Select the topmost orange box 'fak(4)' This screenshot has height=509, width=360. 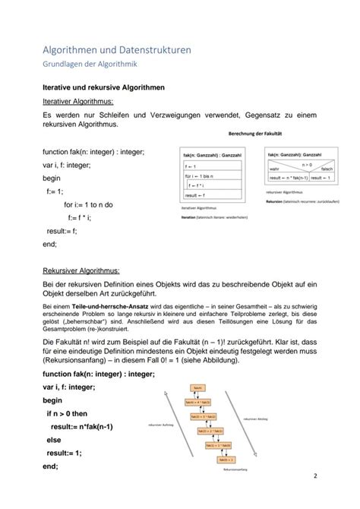(x=198, y=387)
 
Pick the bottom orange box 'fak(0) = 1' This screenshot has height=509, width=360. (x=226, y=458)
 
